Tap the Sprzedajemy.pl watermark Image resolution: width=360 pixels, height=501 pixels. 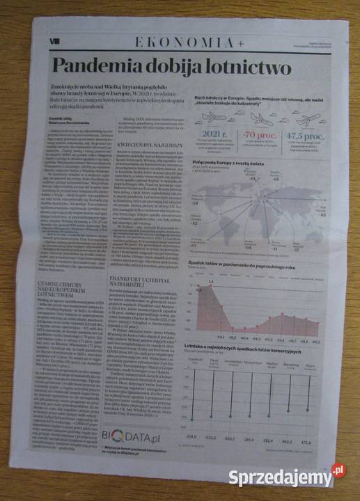[304, 475]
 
